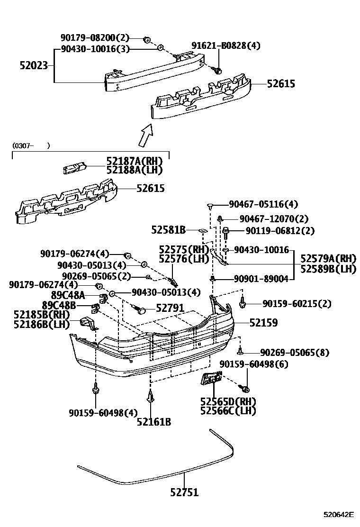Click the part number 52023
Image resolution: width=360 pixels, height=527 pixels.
[34, 65]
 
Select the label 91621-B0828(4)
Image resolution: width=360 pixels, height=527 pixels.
[225, 45]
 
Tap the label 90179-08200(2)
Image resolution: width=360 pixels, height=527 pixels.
[95, 37]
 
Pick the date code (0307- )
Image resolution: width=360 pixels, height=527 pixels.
[31, 145]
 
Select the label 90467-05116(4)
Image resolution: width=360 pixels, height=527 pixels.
[263, 204]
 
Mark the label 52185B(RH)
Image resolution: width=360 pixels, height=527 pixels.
[42, 315]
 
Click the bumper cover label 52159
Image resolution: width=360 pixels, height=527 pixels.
[263, 323]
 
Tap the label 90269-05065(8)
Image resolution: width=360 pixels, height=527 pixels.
[295, 353]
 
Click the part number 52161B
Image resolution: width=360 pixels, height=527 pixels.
[154, 422]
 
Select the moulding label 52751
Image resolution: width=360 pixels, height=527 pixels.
[184, 492]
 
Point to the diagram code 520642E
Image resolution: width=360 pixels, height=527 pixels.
[339, 515]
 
